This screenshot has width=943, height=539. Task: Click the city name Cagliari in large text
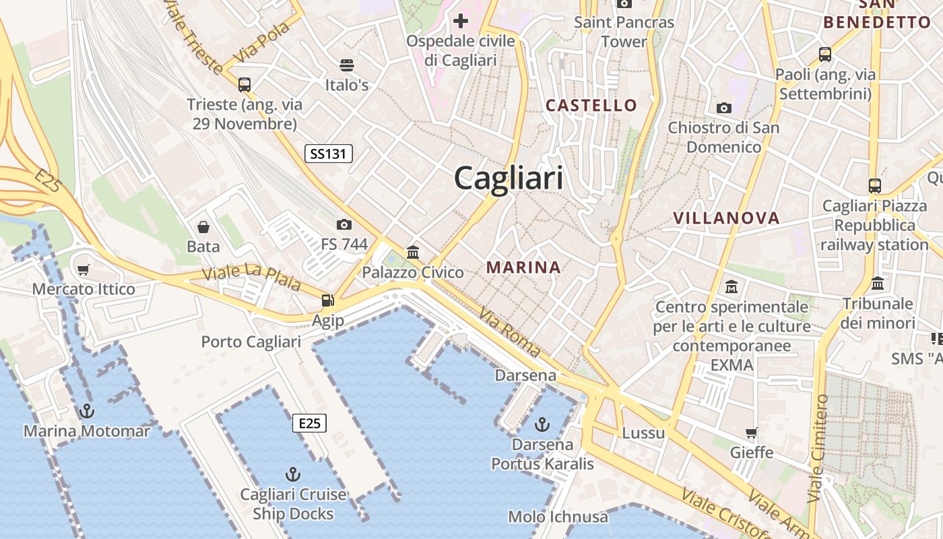click(509, 179)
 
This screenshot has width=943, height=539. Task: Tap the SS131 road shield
click(329, 154)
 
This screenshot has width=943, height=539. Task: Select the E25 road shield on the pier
click(309, 423)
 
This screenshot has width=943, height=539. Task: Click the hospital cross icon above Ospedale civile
click(461, 22)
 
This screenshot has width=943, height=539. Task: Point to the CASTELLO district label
click(591, 105)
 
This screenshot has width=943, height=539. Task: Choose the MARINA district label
click(523, 267)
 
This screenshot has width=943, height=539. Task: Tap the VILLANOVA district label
click(726, 218)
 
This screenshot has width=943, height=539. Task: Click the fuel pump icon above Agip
click(328, 300)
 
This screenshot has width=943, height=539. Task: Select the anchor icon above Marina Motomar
click(87, 410)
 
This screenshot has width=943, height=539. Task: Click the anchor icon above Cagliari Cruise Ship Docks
click(293, 474)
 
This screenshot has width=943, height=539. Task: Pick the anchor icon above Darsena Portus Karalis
click(542, 424)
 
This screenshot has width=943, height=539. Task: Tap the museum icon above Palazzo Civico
click(413, 253)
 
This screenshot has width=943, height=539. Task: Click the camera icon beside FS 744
click(344, 224)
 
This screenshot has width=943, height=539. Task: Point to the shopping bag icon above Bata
click(203, 227)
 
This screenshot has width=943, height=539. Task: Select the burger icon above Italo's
click(347, 65)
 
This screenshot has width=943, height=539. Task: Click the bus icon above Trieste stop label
click(245, 85)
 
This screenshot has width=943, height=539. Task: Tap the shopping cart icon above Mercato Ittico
click(84, 269)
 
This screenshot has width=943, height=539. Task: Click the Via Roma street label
click(510, 332)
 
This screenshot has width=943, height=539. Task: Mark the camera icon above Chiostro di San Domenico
click(724, 108)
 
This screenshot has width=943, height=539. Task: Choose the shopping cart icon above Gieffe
click(752, 433)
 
